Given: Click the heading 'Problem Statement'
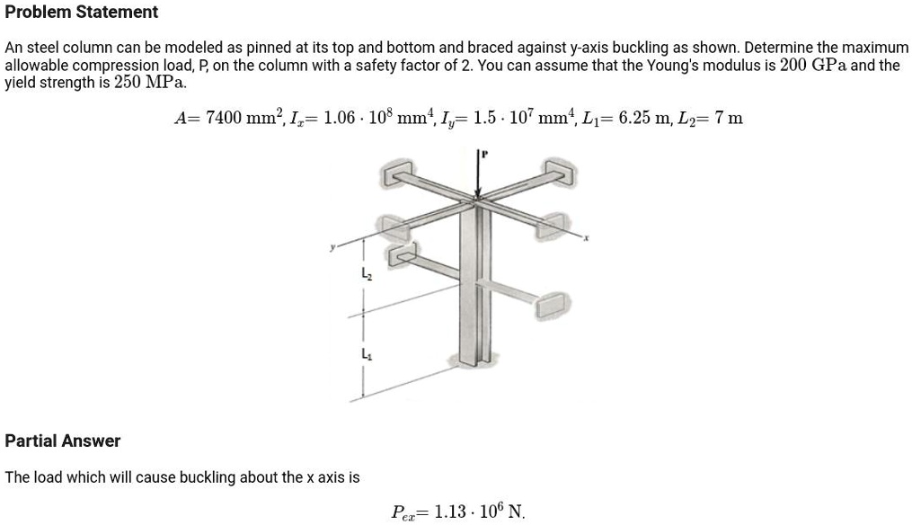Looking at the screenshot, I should click(82, 13).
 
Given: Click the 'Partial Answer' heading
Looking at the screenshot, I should click(63, 440).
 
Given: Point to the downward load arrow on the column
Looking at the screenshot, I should click(479, 175).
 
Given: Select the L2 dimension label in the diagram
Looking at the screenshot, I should click(365, 273).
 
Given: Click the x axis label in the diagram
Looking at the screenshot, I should click(586, 238).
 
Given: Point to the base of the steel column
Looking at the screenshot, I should click(477, 361).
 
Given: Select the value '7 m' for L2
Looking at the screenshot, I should click(730, 118).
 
